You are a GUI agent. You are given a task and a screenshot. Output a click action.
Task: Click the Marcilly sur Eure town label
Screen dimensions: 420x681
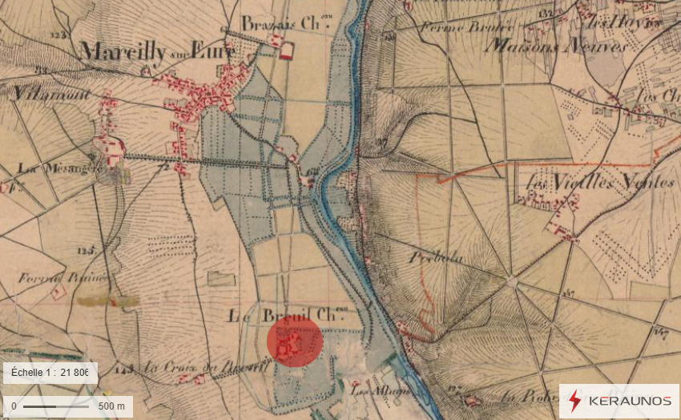(x=157, y=51)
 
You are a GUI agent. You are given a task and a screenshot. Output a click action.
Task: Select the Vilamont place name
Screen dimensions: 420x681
(x=38, y=93)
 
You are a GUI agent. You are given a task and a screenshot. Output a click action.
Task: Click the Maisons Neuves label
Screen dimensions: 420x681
(x=557, y=46)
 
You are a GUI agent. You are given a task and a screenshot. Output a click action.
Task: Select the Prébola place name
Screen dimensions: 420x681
(x=437, y=258)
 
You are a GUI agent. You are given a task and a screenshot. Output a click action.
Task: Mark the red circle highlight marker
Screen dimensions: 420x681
(x=295, y=341)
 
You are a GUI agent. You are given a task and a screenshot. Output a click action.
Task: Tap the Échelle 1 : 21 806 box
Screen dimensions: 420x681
(x=50, y=374)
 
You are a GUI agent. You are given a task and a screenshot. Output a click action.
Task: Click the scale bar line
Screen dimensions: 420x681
(x=55, y=406)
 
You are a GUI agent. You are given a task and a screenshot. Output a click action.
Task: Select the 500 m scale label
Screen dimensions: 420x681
(x=111, y=406)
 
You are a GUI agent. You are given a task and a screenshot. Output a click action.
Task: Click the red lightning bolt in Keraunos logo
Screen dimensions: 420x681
(x=575, y=400)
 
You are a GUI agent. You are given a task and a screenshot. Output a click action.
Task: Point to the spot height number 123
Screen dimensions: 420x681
(x=57, y=35)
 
